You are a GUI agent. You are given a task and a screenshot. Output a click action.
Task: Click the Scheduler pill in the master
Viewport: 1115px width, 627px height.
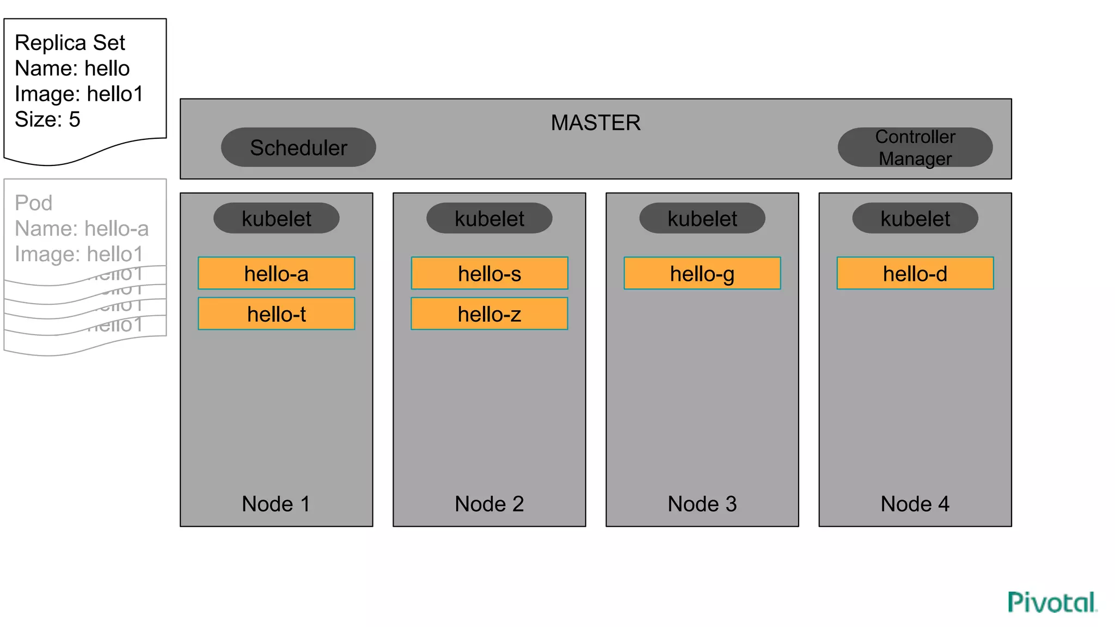(x=298, y=147)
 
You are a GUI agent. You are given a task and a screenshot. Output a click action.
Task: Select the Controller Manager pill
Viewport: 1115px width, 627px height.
(x=915, y=147)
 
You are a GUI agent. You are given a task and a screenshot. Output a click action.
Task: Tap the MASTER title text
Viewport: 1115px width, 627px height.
(x=596, y=123)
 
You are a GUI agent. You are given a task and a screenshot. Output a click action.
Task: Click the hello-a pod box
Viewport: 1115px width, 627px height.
(x=277, y=273)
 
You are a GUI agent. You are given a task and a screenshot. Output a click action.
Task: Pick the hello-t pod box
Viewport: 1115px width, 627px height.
(x=277, y=313)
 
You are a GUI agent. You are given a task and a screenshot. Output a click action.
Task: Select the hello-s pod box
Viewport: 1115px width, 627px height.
(x=489, y=273)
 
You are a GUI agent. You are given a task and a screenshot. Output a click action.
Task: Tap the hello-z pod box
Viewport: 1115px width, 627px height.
(x=489, y=313)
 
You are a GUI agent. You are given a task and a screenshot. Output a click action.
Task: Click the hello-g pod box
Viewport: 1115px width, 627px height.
(x=702, y=273)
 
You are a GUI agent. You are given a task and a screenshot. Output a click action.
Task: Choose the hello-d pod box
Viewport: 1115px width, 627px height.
(x=915, y=273)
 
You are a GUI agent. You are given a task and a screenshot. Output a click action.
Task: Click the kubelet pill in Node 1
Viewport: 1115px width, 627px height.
(x=277, y=218)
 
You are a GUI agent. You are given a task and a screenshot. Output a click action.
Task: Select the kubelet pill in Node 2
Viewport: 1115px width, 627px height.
(x=489, y=218)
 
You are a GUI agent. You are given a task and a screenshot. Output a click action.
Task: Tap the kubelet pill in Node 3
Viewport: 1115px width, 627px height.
(x=702, y=218)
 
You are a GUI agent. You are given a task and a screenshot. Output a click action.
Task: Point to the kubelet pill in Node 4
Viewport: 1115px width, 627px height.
(x=915, y=218)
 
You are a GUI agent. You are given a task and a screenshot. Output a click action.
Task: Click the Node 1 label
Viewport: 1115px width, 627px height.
(x=276, y=504)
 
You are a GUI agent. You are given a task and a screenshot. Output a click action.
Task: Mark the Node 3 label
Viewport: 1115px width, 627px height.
(x=702, y=504)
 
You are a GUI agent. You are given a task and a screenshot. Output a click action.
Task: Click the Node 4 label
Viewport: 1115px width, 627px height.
(x=915, y=504)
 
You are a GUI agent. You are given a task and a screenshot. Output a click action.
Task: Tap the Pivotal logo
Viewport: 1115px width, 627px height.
(x=1052, y=603)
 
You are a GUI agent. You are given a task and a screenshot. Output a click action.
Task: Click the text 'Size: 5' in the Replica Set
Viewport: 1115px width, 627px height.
(x=47, y=120)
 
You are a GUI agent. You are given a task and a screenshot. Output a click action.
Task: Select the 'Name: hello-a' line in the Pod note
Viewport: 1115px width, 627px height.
(x=82, y=229)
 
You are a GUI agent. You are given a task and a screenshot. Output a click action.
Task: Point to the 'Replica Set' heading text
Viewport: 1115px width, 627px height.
(x=70, y=43)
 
